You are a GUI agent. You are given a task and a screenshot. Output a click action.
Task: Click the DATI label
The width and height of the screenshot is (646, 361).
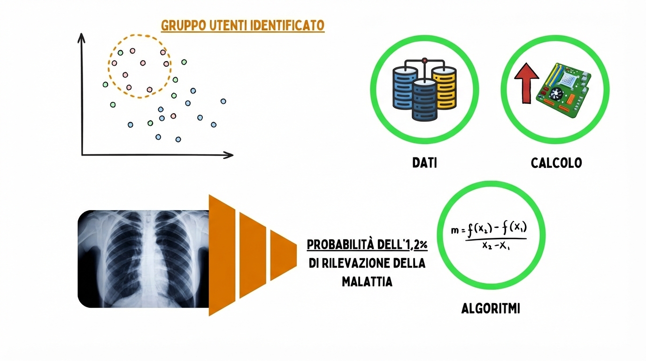pos(424,163)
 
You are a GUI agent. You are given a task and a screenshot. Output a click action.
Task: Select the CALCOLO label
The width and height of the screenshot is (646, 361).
pos(556,163)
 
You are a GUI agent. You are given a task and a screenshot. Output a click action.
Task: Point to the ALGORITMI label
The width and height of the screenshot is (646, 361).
pos(491,309)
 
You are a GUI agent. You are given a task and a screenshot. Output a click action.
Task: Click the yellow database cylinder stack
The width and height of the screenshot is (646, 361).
pos(444,87)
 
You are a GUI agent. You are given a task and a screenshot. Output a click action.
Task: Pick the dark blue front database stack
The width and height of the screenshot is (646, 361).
pos(424,100)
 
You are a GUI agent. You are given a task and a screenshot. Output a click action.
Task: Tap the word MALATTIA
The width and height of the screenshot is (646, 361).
pos(367,282)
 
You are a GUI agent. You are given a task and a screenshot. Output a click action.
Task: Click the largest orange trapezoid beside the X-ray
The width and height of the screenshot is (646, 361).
pos(222,255)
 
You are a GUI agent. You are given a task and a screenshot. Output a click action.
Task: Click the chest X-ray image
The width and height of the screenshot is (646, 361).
pos(143,259)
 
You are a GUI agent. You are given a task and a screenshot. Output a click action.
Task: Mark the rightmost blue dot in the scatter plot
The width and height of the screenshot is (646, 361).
pos(223,101)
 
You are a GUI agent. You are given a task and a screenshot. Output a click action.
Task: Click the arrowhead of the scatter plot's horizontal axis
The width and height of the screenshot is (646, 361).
pos(230,155)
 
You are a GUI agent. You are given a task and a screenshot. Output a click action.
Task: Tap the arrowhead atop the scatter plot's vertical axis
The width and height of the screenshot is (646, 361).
pos(82,37)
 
